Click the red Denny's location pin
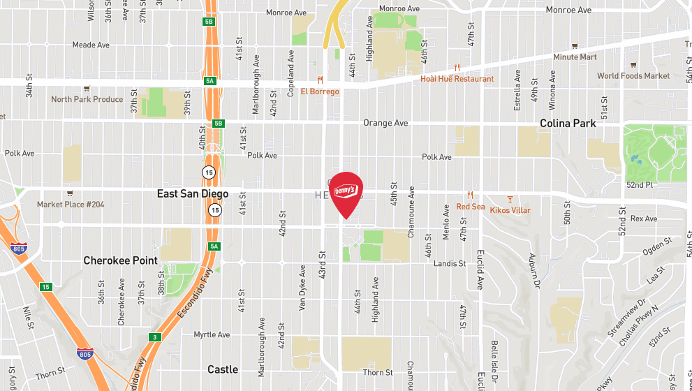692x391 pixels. click(346, 192)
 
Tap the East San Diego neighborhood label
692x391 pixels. click(193, 194)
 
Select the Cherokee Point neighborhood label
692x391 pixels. click(120, 260)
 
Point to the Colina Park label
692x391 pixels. click(568, 124)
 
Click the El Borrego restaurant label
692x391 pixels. click(320, 91)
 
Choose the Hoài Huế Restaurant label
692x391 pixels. click(457, 79)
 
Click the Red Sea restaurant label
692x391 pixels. click(470, 207)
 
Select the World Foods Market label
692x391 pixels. click(633, 76)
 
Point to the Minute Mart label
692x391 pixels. click(575, 57)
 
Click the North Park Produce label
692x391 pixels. click(87, 99)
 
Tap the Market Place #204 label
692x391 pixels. click(71, 205)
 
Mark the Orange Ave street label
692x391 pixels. click(385, 124)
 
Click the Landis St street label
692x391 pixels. click(449, 264)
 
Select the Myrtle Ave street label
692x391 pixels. click(212, 335)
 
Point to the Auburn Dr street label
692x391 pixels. click(533, 271)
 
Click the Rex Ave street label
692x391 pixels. click(643, 219)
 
